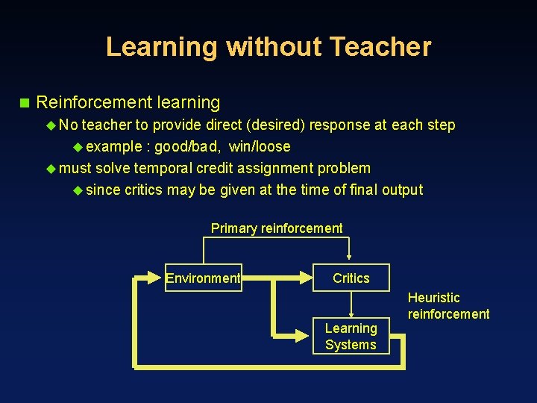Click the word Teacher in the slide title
[380, 47]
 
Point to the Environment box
[203, 278]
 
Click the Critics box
[351, 278]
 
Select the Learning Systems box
[351, 337]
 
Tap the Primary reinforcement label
[277, 228]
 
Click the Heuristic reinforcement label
[448, 306]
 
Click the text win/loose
[260, 146]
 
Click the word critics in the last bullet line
[143, 190]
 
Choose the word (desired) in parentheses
[277, 125]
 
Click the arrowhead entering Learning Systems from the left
[307, 337]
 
